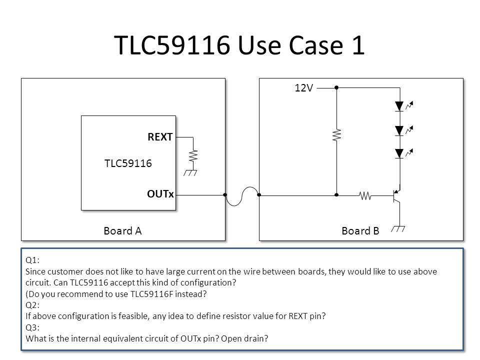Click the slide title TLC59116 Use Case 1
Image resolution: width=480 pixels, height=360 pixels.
coord(239,45)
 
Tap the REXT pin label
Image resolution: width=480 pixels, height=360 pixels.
coord(160,137)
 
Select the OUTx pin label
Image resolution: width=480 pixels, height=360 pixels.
coord(160,194)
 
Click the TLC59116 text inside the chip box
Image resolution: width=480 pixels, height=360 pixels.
coord(128,163)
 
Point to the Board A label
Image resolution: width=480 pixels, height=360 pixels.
coord(122,231)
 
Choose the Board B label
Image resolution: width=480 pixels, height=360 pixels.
coord(360,231)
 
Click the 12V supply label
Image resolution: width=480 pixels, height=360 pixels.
coord(303,88)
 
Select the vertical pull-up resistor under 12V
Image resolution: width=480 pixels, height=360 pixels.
coord(336,135)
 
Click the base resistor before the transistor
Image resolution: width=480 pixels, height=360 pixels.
coord(365,195)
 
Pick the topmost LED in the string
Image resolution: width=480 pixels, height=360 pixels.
coord(399,106)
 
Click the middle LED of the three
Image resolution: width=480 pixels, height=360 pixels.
coord(399,130)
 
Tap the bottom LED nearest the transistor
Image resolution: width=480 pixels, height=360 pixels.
coord(399,153)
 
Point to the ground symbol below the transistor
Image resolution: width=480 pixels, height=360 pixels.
coord(399,228)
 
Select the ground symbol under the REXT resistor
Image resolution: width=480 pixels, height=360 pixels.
coord(190,172)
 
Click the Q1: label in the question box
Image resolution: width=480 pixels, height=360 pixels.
coord(32,260)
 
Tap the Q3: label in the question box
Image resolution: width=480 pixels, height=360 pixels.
coord(32,327)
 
